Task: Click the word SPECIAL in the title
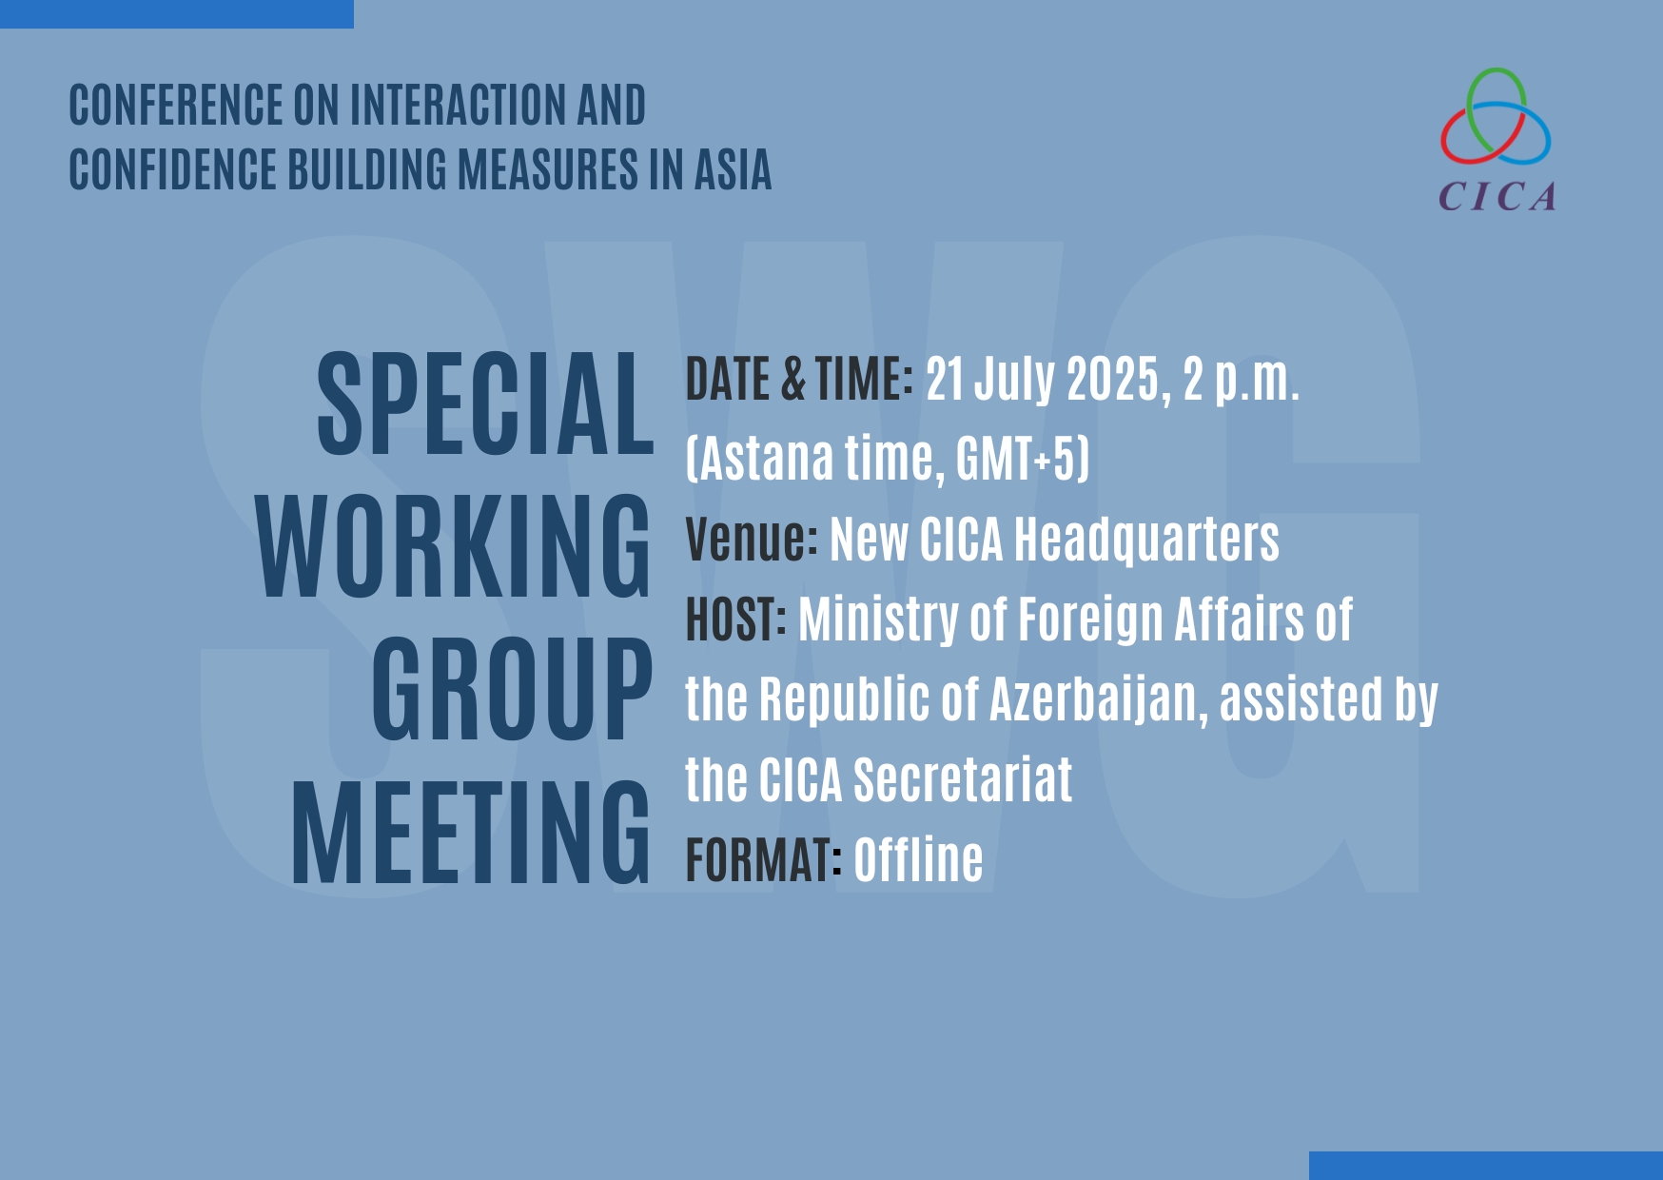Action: pyautogui.click(x=485, y=403)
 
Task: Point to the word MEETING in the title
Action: pyautogui.click(x=471, y=831)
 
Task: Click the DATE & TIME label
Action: pyautogui.click(x=799, y=379)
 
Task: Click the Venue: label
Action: pyautogui.click(x=752, y=539)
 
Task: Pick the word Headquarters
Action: pyautogui.click(x=1146, y=541)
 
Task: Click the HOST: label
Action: pyautogui.click(x=736, y=619)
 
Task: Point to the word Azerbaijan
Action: pyautogui.click(x=1099, y=700)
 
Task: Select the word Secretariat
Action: pyautogui.click(x=963, y=780)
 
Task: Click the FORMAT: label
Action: pyautogui.click(x=764, y=859)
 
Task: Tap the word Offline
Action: pyautogui.click(x=918, y=859)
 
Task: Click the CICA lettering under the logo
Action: pyautogui.click(x=1497, y=197)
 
